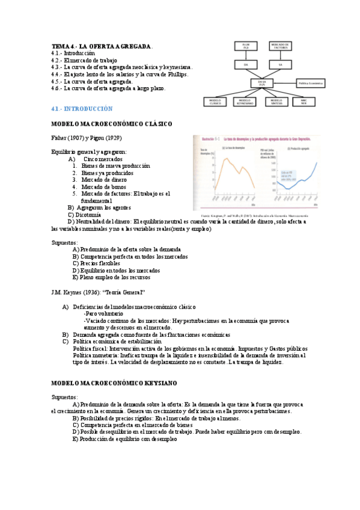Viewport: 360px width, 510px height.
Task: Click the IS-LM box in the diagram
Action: click(x=246, y=46)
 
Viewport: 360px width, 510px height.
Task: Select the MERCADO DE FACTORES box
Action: click(x=281, y=46)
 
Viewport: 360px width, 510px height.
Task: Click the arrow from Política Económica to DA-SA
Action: click(x=287, y=82)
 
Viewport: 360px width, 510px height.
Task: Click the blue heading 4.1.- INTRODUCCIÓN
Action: click(x=82, y=109)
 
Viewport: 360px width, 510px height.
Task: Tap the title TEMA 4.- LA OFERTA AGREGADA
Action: click(x=102, y=46)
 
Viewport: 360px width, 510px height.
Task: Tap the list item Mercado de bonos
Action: click(x=99, y=187)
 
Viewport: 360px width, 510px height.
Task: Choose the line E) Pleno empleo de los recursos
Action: click(x=111, y=277)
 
